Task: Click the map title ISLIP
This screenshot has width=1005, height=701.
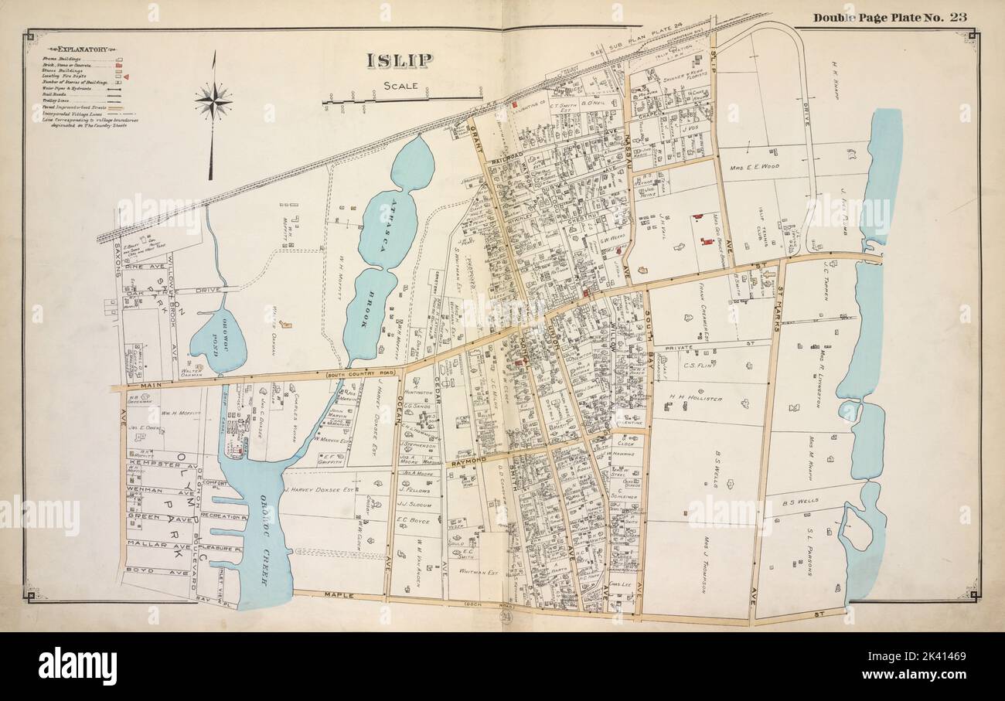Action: (x=399, y=60)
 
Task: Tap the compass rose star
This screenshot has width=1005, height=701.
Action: (x=213, y=100)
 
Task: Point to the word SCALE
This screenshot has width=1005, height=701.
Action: (x=400, y=87)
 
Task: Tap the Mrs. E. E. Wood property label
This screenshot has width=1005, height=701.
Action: (x=754, y=166)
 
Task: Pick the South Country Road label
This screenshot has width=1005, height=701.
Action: (x=359, y=375)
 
